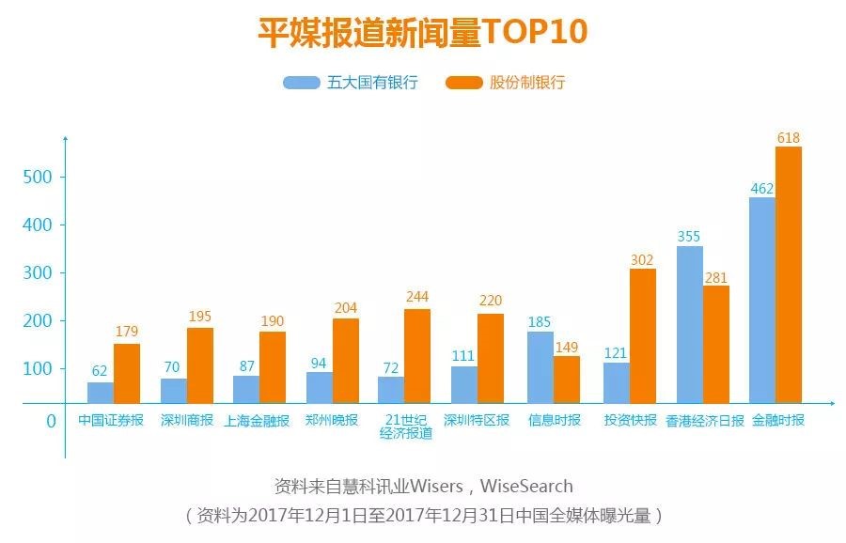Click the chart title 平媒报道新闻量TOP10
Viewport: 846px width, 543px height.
click(x=422, y=31)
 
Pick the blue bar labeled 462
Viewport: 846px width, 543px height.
click(x=761, y=300)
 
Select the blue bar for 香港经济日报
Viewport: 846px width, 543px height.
click(x=689, y=324)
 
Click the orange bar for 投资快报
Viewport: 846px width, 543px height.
click(x=643, y=335)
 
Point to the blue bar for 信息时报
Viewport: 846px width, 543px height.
click(x=540, y=367)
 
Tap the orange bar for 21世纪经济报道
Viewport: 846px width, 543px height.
click(x=416, y=356)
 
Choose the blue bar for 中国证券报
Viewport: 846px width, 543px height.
click(x=100, y=393)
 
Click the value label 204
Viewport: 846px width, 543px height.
click(x=345, y=307)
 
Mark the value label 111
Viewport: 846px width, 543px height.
click(x=463, y=355)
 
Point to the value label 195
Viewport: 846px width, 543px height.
click(x=199, y=317)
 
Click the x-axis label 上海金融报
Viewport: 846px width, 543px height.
click(x=257, y=421)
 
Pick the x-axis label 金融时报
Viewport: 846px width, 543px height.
click(x=778, y=420)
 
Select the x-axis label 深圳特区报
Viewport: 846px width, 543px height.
click(x=476, y=420)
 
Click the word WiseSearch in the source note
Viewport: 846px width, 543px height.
click(x=526, y=487)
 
